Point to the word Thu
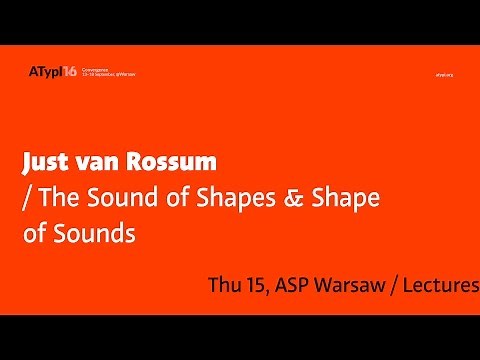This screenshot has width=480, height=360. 225,284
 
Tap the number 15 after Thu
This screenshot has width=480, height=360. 262,284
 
